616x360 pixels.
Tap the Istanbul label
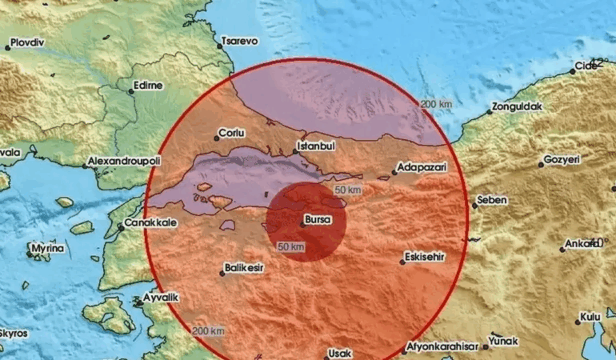(x=314, y=146)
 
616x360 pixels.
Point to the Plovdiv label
(x=28, y=42)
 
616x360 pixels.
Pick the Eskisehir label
(x=425, y=258)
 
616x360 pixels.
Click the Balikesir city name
(x=245, y=270)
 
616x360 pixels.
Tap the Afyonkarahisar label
(x=442, y=346)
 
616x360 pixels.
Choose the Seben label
(x=492, y=200)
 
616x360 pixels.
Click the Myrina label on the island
(x=46, y=249)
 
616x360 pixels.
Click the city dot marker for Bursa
(x=302, y=224)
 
